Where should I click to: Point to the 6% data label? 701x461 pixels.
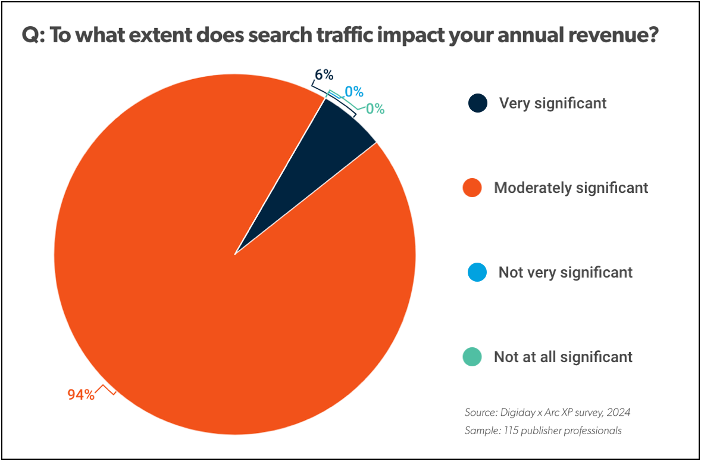coord(324,75)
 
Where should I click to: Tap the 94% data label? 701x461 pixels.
coord(80,394)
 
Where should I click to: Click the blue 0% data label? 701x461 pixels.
coord(354,92)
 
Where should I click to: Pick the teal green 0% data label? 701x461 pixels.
coord(375,109)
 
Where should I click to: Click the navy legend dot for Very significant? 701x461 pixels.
coord(477,103)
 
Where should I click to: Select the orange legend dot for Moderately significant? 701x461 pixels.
coord(472,188)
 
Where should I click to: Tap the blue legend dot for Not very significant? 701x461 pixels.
coord(477,273)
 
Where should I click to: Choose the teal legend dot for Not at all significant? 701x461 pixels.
coord(472,357)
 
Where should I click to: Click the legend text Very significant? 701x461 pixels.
coord(553,103)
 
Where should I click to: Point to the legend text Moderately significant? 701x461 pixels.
coord(571,188)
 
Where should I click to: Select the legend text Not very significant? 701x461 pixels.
coord(565,273)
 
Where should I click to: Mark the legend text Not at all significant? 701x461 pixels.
coord(563,357)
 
